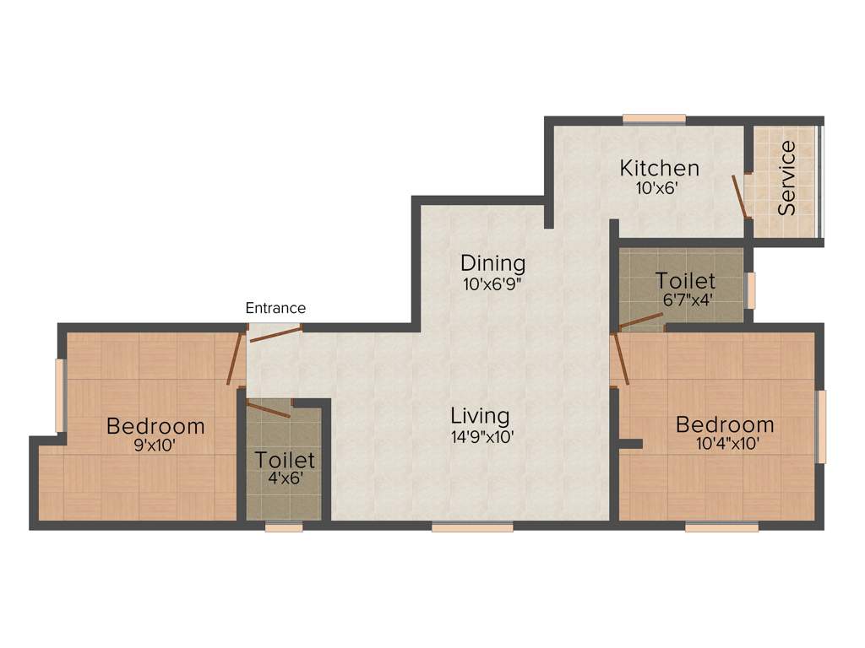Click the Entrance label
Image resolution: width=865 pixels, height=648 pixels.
pyautogui.click(x=275, y=308)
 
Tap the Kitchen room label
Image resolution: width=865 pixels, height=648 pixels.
pyautogui.click(x=659, y=167)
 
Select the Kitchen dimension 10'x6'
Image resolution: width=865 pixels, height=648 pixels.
pyautogui.click(x=659, y=187)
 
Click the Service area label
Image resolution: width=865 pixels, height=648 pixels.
pyautogui.click(x=787, y=178)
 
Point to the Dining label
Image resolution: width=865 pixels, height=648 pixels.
pyautogui.click(x=492, y=262)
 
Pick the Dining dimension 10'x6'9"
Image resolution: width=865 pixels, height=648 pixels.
pyautogui.click(x=492, y=284)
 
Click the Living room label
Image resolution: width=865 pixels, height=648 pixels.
pyautogui.click(x=480, y=416)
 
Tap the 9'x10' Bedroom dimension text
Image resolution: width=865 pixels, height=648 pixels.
pyautogui.click(x=155, y=446)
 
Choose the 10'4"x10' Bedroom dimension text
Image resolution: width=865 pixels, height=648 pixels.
pyautogui.click(x=725, y=445)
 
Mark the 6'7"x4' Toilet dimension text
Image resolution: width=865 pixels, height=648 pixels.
pyautogui.click(x=685, y=300)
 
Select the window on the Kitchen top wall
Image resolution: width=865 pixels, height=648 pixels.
pyautogui.click(x=654, y=119)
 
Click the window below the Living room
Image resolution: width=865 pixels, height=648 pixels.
pyautogui.click(x=472, y=527)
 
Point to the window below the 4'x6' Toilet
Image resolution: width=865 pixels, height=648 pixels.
pyautogui.click(x=284, y=527)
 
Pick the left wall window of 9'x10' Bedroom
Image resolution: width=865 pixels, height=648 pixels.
pyautogui.click(x=59, y=395)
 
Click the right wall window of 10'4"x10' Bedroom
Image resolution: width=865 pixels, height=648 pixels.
pyautogui.click(x=820, y=426)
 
